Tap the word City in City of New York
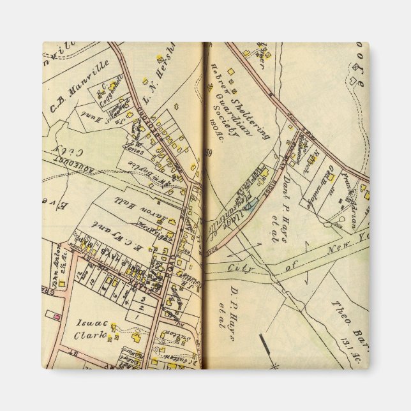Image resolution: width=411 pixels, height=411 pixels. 241,268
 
